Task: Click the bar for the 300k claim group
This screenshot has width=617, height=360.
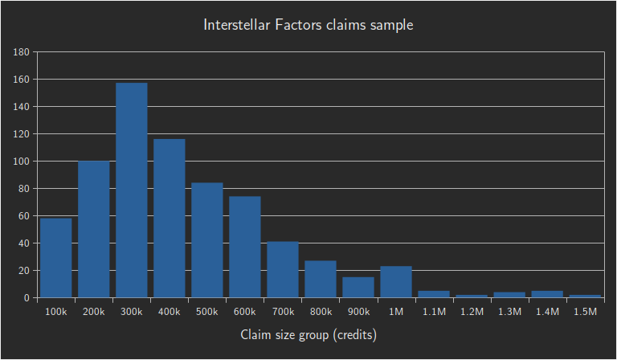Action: coord(132,190)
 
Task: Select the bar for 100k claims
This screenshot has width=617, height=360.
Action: coord(56,258)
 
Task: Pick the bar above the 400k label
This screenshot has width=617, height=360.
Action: coord(170,219)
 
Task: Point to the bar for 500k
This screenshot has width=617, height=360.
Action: coord(207,240)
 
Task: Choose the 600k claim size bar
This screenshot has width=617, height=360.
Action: coord(245,247)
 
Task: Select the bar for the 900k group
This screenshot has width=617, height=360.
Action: coord(358,288)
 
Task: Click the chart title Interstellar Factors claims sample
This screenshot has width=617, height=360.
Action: coord(308,25)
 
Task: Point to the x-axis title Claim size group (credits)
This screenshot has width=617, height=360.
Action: coord(308,333)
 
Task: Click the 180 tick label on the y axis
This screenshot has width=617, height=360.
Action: coord(22,52)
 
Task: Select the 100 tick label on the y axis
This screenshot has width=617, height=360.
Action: coord(22,162)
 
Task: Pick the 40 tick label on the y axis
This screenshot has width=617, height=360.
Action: coord(24,243)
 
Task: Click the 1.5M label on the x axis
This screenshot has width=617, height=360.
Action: coord(585,311)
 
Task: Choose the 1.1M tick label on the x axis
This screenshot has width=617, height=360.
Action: coord(434,311)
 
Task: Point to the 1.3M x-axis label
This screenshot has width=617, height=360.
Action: coord(509,311)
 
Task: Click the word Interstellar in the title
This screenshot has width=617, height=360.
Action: coord(236,25)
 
